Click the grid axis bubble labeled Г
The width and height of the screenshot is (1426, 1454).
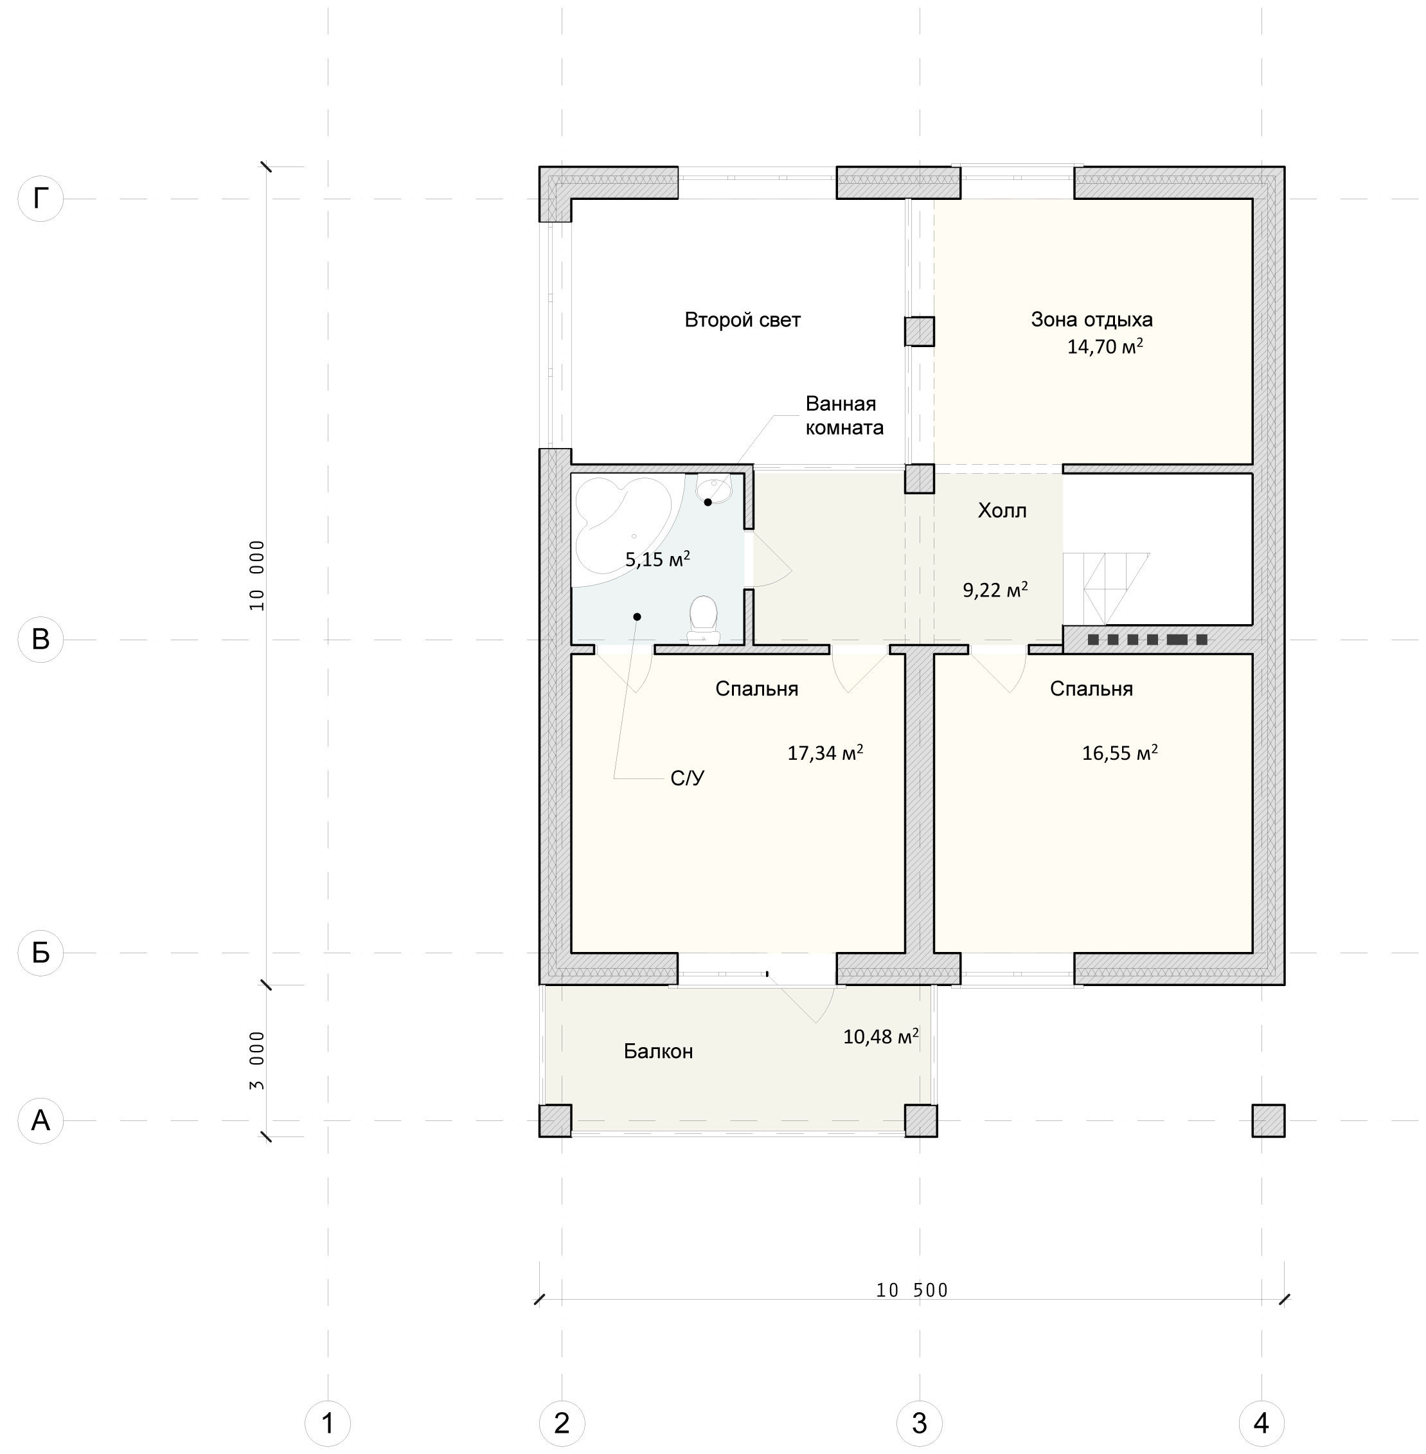(x=40, y=199)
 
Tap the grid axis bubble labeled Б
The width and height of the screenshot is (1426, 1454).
(x=40, y=953)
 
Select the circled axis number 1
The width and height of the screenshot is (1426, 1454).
(x=327, y=1423)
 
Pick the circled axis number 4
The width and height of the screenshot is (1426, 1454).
(x=1262, y=1423)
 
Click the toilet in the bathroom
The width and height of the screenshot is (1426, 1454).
(x=703, y=620)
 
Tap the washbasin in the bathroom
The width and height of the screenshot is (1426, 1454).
(x=714, y=489)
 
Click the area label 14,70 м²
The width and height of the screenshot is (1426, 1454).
(x=1105, y=346)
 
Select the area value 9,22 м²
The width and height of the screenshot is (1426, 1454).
(x=995, y=589)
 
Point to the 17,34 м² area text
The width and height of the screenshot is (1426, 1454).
(x=824, y=752)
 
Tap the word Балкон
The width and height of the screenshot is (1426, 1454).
(x=658, y=1051)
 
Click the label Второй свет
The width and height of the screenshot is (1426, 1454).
(x=742, y=320)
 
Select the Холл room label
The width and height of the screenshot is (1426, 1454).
(x=1002, y=510)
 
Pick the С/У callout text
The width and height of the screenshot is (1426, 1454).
(x=688, y=778)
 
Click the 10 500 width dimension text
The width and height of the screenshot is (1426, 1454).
(x=911, y=1290)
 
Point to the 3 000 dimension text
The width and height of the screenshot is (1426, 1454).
(x=257, y=1060)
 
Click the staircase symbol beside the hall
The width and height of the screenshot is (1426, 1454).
(x=1106, y=589)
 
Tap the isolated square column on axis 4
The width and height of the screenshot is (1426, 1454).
(x=1269, y=1120)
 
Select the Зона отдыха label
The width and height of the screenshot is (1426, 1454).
(x=1091, y=320)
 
